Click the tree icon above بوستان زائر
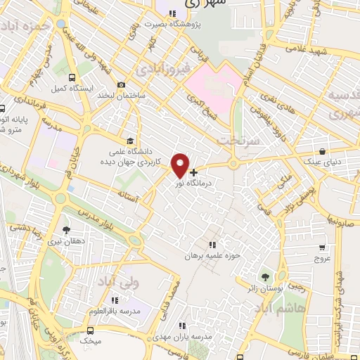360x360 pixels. [x=265, y=276]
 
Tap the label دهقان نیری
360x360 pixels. [x=66, y=240]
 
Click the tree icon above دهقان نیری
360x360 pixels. [x=67, y=229]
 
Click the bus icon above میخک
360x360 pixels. [x=91, y=330]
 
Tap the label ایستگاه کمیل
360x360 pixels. [x=69, y=89]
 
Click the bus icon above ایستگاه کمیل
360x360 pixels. [x=72, y=78]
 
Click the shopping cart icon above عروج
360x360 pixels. [x=322, y=247]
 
